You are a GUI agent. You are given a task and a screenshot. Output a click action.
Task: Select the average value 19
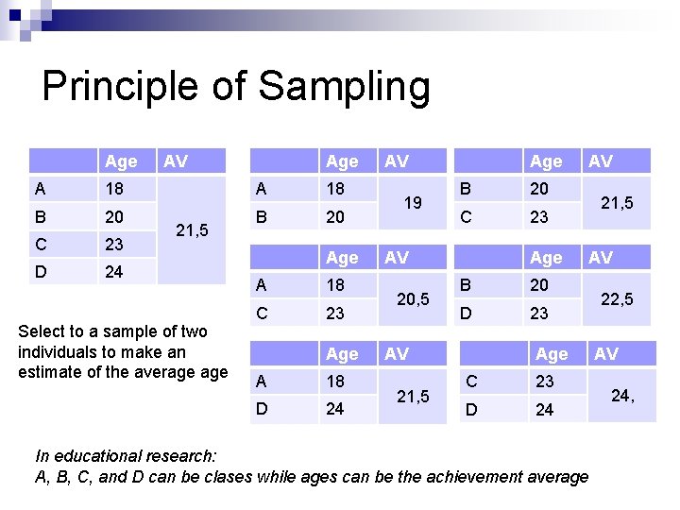(412, 202)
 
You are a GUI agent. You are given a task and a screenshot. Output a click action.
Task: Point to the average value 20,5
(412, 298)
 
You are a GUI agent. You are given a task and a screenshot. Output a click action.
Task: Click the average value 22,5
(618, 298)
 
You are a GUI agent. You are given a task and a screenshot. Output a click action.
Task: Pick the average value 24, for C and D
(621, 395)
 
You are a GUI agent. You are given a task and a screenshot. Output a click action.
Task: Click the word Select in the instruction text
(42, 331)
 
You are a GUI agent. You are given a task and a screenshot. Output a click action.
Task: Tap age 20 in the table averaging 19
(334, 216)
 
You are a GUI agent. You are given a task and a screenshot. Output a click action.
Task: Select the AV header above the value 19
(397, 161)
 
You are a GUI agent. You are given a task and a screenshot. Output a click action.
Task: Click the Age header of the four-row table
(122, 161)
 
